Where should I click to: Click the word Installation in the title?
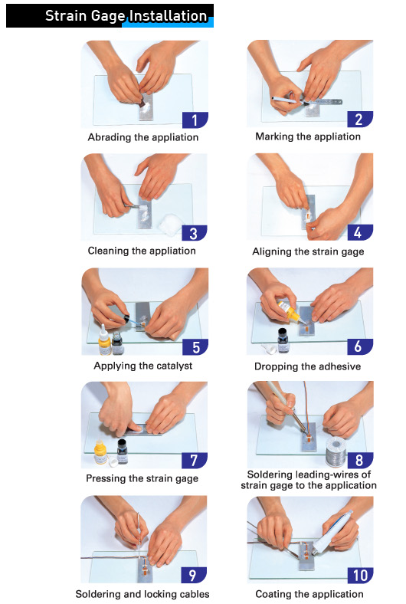tap(169, 16)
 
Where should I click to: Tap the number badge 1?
tap(195, 120)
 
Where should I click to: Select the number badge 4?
tap(360, 232)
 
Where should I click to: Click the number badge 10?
tap(360, 575)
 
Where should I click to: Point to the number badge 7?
tap(195, 461)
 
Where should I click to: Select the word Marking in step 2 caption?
tap(274, 136)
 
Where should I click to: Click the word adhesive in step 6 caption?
tap(340, 366)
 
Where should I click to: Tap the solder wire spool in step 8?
tap(336, 451)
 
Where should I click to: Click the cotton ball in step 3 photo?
tap(171, 223)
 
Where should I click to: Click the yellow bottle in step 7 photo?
tap(100, 451)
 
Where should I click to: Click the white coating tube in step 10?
tap(332, 533)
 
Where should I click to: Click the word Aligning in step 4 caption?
tap(271, 252)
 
